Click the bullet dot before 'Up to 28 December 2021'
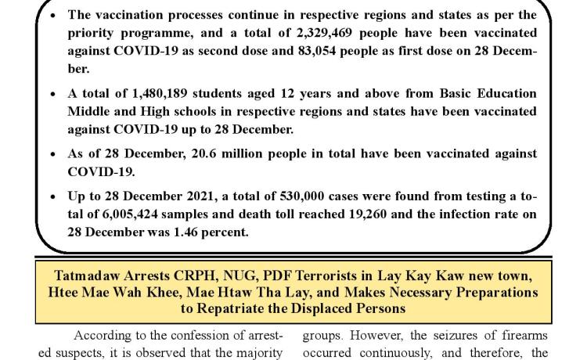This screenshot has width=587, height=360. tap(53, 196)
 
